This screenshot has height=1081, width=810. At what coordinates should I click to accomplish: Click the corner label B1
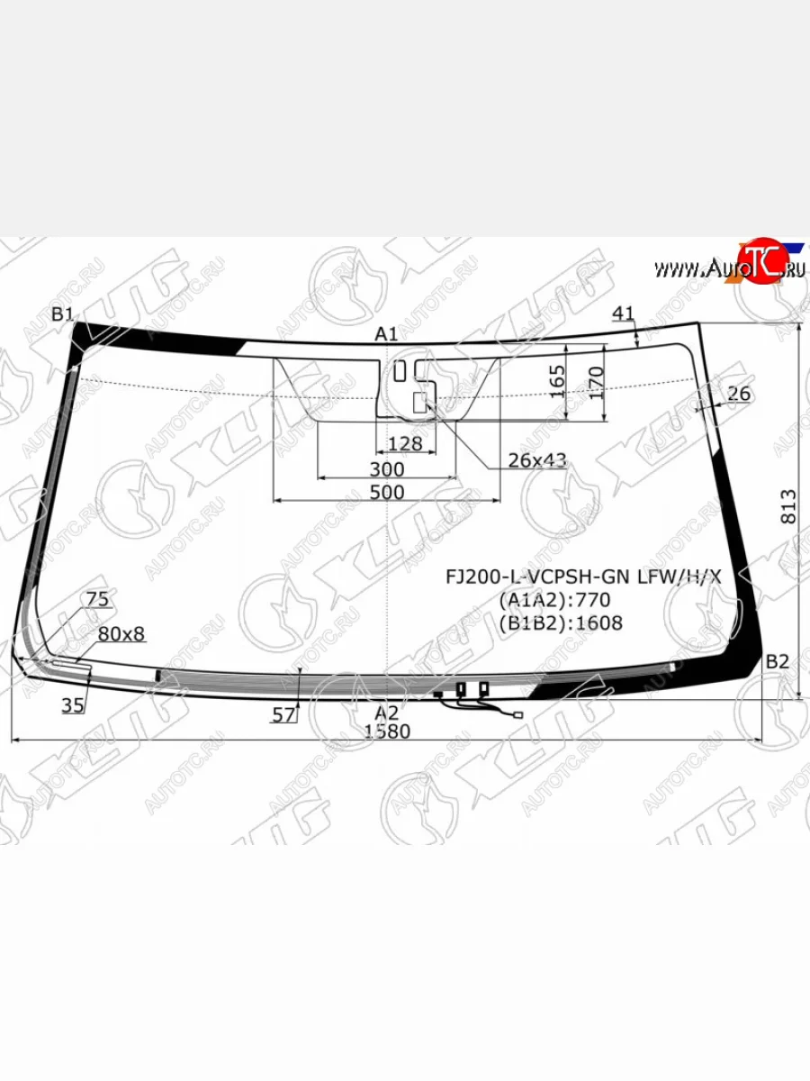(62, 314)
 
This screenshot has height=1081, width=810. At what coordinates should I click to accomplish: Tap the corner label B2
(778, 662)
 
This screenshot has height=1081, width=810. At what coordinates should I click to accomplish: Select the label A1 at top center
(386, 334)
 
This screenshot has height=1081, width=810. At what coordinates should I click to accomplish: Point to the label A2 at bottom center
(386, 713)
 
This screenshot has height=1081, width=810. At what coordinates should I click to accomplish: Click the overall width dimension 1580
(388, 731)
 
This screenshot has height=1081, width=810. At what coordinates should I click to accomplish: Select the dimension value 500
(386, 492)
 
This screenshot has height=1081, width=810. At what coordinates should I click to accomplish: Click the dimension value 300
(386, 469)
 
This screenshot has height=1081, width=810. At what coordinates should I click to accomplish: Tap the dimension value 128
(404, 444)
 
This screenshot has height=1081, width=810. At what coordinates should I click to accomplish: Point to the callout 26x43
(537, 461)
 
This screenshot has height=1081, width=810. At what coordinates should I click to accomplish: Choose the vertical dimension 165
(557, 382)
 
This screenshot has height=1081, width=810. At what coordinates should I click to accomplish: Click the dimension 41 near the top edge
(624, 313)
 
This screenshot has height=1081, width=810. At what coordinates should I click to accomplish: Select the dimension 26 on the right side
(738, 394)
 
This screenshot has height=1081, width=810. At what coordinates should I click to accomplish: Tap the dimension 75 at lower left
(97, 599)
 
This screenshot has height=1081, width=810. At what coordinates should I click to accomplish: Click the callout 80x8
(121, 634)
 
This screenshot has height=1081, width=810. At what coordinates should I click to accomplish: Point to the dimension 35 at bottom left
(73, 705)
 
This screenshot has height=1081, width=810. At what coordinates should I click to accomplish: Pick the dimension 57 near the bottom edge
(283, 715)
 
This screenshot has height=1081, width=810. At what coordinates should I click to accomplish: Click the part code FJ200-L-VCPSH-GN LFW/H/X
(585, 577)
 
